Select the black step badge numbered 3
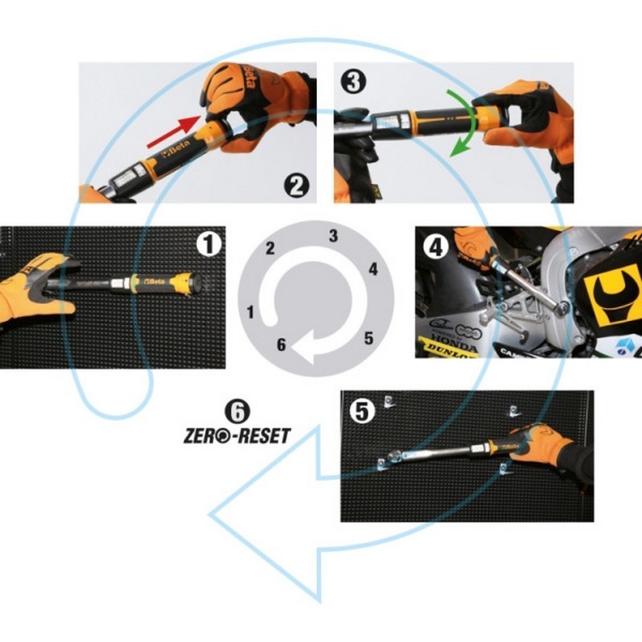pos(351,80)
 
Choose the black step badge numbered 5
pos(362,411)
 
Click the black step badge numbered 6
pos(237,411)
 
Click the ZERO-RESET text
pos(237,435)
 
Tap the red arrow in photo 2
pos(173,132)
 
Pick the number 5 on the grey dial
pos(368,338)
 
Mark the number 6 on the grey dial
pos(280,345)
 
